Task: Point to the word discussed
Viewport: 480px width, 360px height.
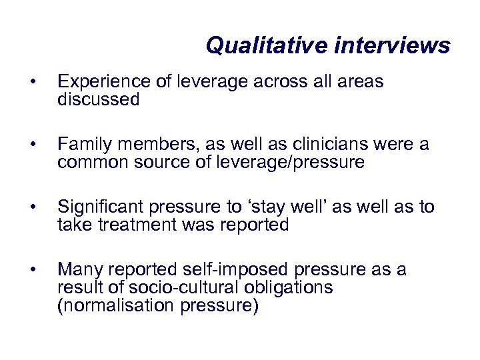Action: [99, 100]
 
